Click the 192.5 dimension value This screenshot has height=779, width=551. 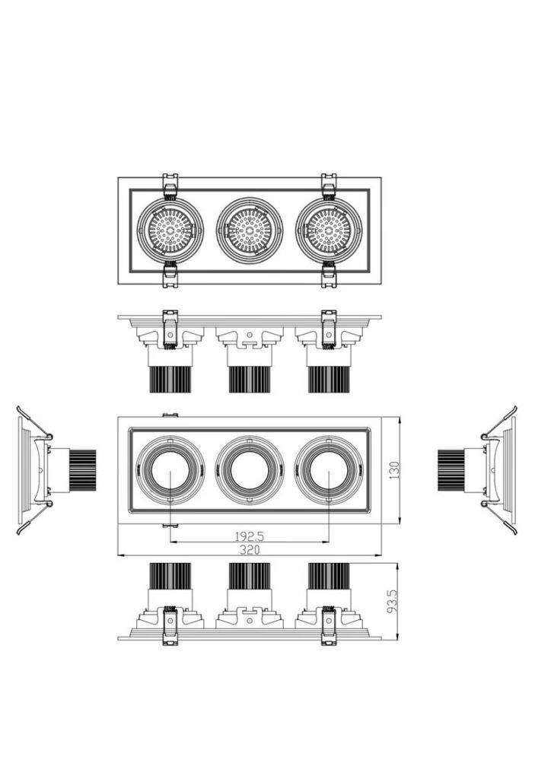[x=249, y=536]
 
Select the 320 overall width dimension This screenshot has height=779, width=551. [x=250, y=549]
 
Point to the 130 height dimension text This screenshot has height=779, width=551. [x=394, y=470]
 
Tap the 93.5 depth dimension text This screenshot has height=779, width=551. [x=393, y=601]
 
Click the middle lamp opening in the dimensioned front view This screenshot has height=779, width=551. [x=250, y=470]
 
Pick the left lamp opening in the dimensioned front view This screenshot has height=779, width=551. [x=170, y=470]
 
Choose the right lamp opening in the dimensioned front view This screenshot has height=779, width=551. [x=329, y=470]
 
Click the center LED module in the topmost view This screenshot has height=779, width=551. [x=250, y=231]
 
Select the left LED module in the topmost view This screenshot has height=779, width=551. [x=170, y=231]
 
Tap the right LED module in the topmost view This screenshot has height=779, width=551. [x=329, y=231]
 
